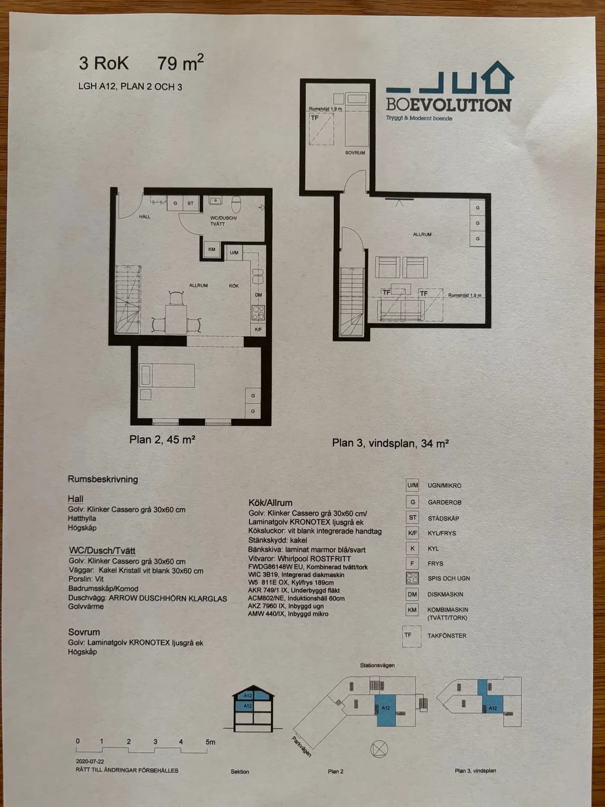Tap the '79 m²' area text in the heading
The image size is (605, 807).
[180, 63]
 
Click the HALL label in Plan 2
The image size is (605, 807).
[145, 217]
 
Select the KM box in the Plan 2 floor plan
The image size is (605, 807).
[212, 250]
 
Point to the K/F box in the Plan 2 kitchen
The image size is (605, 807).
[258, 329]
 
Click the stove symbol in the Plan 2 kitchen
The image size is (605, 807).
[258, 313]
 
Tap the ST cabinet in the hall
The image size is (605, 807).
[191, 204]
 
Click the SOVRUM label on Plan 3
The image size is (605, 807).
[355, 153]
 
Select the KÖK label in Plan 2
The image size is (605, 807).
[234, 286]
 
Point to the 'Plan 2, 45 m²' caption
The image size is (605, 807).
[162, 440]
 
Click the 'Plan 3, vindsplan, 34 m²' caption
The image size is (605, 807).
[390, 443]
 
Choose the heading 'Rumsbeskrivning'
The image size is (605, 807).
[103, 479]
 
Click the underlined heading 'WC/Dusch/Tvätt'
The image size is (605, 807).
[102, 551]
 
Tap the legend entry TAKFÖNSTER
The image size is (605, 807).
[447, 636]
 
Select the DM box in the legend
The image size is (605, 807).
[412, 594]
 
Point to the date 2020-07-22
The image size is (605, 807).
[90, 761]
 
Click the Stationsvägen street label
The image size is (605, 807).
[377, 665]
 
